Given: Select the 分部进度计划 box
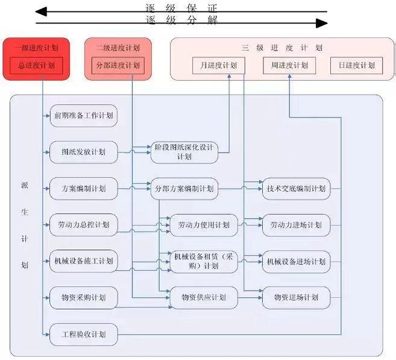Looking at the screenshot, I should (118, 65).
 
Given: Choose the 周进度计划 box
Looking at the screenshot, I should (289, 65).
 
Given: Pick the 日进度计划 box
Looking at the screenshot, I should (356, 65).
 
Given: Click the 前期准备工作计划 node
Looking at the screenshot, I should (83, 115).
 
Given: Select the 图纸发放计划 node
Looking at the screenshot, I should (83, 152).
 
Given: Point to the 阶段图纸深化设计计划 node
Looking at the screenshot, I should (184, 152).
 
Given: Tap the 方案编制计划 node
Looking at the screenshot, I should (83, 189).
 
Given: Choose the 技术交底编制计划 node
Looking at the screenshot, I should (296, 189).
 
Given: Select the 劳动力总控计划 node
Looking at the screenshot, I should (83, 225).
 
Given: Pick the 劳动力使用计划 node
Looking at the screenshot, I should (204, 225).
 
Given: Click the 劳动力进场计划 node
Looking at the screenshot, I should (296, 225).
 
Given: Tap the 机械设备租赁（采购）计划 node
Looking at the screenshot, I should (204, 262).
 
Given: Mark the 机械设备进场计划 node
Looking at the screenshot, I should (296, 262).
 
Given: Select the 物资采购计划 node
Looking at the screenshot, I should (83, 297).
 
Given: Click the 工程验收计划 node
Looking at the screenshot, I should (83, 333).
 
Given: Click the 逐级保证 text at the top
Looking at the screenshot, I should (181, 8).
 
